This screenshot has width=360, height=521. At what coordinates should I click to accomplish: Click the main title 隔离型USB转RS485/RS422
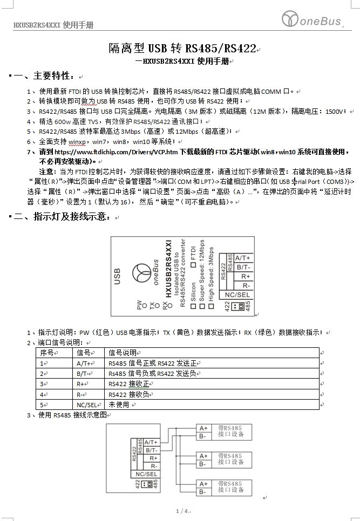click(x=183, y=49)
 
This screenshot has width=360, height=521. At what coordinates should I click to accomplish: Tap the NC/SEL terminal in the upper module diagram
click(x=237, y=294)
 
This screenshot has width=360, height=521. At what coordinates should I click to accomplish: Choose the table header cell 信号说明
click(x=123, y=353)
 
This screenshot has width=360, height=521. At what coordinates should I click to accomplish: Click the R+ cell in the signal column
click(x=82, y=384)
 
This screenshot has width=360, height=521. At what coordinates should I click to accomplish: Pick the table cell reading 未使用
click(x=119, y=405)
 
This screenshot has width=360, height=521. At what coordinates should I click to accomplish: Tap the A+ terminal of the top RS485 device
click(x=203, y=429)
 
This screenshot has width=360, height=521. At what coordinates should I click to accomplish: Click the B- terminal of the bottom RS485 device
click(x=202, y=492)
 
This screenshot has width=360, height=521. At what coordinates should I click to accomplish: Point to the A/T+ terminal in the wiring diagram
click(x=151, y=442)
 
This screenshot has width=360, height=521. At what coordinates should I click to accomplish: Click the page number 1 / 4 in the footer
click(x=181, y=511)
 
